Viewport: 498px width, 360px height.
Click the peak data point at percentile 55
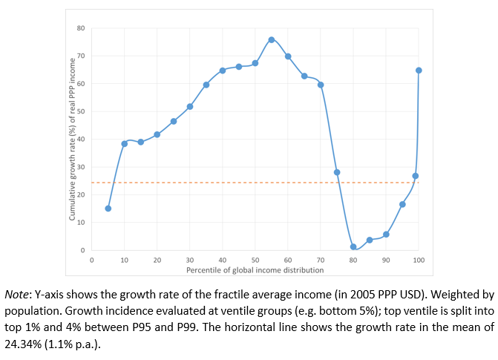(272, 39)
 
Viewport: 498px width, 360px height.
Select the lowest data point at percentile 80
(353, 246)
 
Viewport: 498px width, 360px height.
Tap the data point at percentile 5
(108, 209)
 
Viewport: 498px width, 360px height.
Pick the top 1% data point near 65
(419, 71)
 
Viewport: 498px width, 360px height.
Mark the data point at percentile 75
(337, 172)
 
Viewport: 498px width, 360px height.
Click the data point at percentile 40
(223, 71)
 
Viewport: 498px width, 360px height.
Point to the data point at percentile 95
(402, 204)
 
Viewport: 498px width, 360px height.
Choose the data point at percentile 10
(124, 143)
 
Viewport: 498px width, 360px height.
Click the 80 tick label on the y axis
(81, 28)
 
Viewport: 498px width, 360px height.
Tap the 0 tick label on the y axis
(83, 250)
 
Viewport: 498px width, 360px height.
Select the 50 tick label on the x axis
(255, 261)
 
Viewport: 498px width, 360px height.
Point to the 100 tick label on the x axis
(419, 261)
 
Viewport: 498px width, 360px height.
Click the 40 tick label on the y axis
(81, 139)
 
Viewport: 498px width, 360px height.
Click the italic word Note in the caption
(17, 295)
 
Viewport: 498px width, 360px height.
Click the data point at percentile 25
(174, 121)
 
